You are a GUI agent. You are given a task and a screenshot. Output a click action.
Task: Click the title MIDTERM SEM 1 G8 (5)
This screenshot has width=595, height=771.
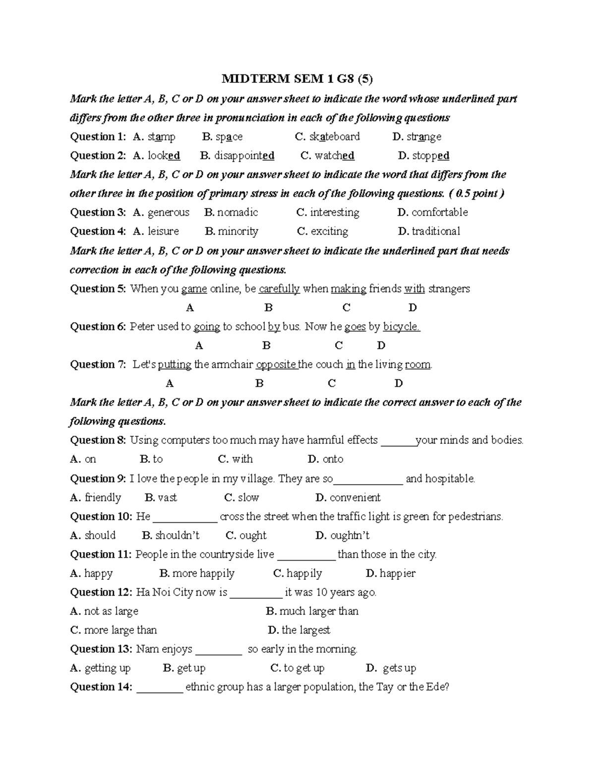pos(297,79)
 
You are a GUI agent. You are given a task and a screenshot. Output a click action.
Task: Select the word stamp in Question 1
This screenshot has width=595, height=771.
pos(161,137)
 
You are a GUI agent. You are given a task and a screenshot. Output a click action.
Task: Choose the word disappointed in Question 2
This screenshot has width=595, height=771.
pos(244,156)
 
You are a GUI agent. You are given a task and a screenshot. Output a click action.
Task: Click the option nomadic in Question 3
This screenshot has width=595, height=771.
pos(238,212)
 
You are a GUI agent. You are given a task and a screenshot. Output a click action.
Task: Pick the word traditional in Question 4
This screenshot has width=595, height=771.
pos(436,231)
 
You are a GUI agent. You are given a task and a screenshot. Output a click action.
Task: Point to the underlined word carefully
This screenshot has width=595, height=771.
pos(279,289)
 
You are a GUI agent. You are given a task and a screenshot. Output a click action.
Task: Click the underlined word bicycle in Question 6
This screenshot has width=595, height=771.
pos(402,327)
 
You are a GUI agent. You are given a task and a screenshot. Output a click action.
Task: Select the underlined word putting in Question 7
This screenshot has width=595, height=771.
pos(175,365)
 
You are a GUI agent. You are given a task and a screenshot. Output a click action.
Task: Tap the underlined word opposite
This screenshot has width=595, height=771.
pos(276,365)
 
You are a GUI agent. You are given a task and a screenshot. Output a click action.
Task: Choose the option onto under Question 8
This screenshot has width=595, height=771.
pos(333,459)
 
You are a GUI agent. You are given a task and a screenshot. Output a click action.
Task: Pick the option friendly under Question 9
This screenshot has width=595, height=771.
pos(103,497)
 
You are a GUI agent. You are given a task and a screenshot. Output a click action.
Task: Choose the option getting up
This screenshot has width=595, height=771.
pos(107,668)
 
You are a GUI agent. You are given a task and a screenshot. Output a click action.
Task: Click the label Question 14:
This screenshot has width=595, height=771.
pos(101,687)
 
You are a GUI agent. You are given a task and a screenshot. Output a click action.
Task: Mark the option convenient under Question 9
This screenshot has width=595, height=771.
pos(355,497)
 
